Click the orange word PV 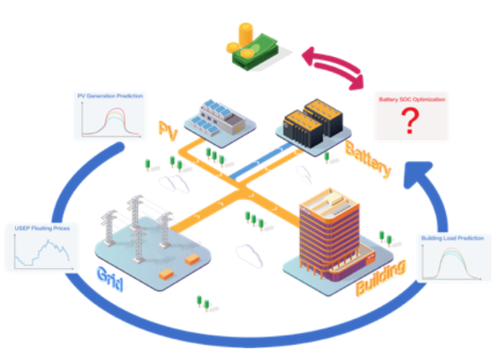168,129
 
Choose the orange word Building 380,277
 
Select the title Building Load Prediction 452,239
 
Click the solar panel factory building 219,119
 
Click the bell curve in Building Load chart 453,262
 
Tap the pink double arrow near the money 335,66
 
